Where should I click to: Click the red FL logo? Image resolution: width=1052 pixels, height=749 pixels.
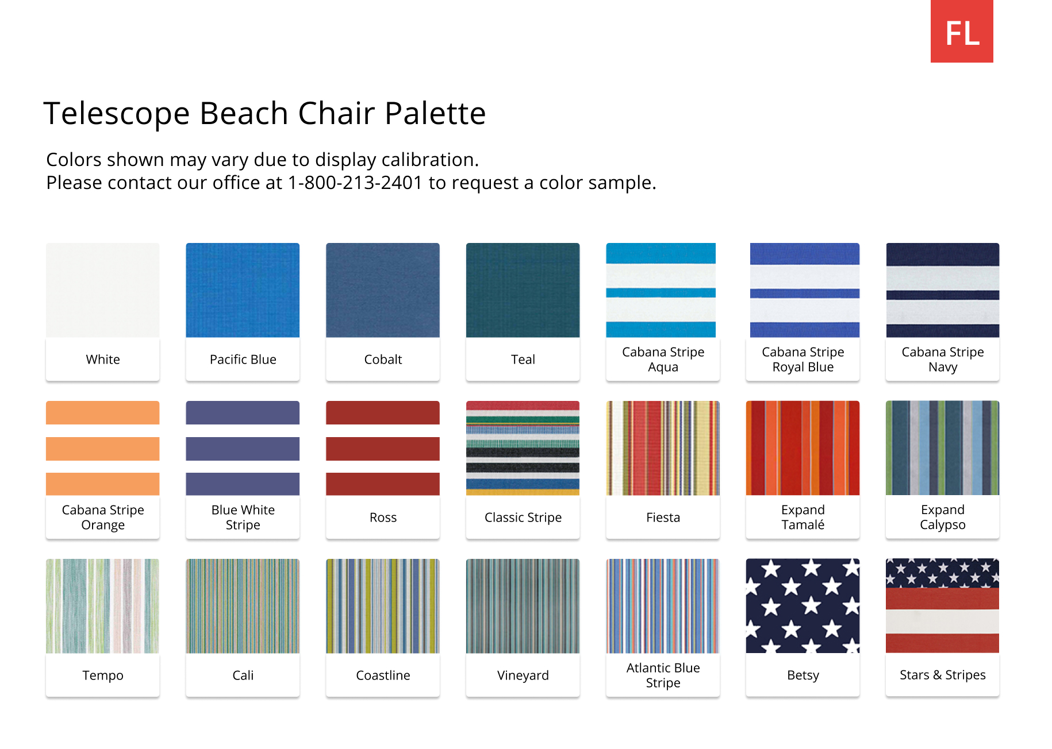(961, 32)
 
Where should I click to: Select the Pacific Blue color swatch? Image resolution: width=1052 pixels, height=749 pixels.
(243, 290)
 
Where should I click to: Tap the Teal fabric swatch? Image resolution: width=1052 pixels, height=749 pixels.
(523, 290)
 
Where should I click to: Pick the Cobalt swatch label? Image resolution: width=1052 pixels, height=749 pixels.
(383, 360)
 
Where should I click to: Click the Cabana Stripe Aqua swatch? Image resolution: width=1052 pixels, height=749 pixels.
(661, 290)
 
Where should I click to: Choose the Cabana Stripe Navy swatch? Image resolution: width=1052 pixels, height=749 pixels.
(943, 290)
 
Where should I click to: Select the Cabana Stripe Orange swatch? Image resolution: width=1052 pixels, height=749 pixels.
(103, 448)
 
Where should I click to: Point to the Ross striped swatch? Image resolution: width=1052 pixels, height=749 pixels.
(383, 448)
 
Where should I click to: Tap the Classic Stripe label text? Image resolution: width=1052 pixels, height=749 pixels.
(523, 518)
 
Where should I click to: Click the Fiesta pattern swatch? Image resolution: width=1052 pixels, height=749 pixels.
(663, 448)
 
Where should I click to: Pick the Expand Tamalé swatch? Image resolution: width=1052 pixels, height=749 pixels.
(803, 448)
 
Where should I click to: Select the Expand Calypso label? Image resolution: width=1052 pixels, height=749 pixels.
(943, 517)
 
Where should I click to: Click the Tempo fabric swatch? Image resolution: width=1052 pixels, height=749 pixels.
(103, 606)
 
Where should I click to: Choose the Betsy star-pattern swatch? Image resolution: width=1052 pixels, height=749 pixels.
(803, 606)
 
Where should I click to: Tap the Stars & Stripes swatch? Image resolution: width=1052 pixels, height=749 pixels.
(943, 606)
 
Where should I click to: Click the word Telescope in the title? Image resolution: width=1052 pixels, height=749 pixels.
(116, 113)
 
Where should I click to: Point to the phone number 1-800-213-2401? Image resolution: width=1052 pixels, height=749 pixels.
(355, 183)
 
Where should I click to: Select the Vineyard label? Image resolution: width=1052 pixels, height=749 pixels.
(523, 675)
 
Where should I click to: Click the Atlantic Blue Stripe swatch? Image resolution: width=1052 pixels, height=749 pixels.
(663, 606)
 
